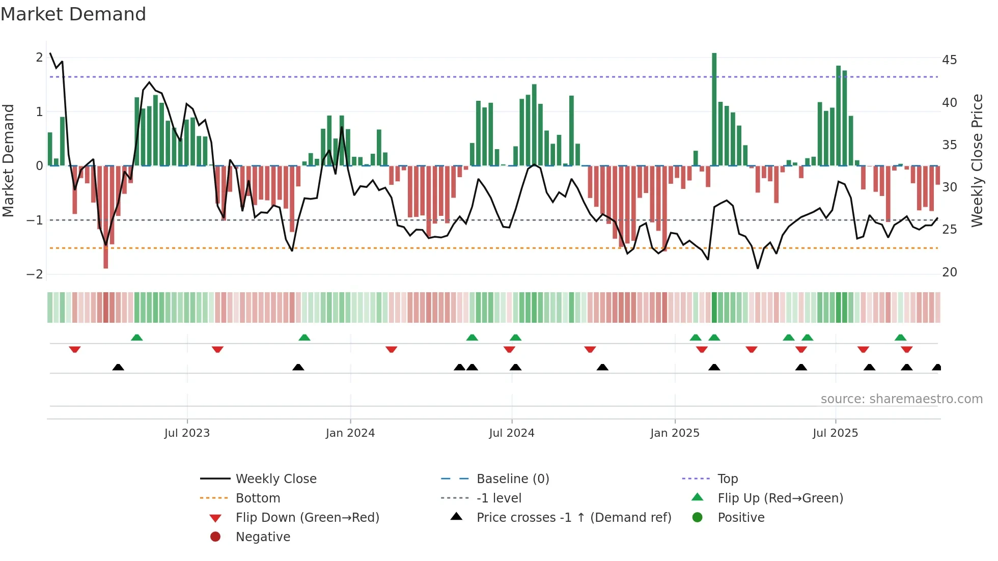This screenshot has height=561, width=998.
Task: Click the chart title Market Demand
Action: pos(73,14)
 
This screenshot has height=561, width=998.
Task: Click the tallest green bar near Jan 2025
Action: pos(714,109)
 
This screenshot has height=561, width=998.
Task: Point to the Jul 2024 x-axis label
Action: pos(512,433)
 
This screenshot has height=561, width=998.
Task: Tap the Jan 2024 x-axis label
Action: pos(350,433)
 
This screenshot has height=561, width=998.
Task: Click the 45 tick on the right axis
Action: pos(949,60)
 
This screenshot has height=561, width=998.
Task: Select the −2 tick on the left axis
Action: pos(35,274)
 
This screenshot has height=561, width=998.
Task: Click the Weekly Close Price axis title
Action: pos(977,160)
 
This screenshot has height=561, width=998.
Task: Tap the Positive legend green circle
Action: pos(698,518)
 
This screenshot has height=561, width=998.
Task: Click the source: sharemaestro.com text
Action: pos(901,399)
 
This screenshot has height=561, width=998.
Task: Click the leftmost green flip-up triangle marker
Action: pos(136,338)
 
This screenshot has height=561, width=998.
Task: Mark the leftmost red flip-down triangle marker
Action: pos(75,349)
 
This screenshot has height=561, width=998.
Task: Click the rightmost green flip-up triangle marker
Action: pos(900,338)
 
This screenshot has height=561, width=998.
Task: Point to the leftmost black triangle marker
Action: pos(118,367)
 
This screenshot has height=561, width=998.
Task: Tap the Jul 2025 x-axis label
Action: pos(835,433)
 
